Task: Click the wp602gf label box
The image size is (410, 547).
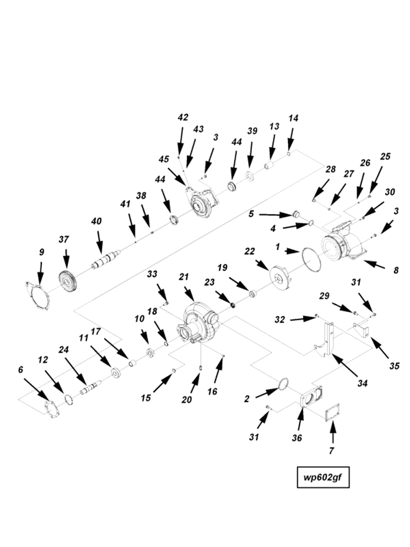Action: click(x=324, y=477)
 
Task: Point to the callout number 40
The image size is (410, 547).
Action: click(x=97, y=221)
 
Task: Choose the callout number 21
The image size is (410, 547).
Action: click(x=184, y=277)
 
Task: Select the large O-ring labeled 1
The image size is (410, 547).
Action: click(x=311, y=259)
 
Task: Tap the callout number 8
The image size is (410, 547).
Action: click(x=395, y=270)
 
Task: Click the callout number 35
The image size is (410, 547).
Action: click(x=394, y=366)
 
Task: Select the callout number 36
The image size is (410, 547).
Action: click(x=297, y=437)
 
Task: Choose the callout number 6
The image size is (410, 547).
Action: click(x=21, y=370)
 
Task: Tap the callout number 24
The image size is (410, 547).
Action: click(x=64, y=350)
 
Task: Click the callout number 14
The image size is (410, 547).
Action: click(x=293, y=118)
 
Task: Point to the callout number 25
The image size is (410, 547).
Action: click(x=385, y=156)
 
